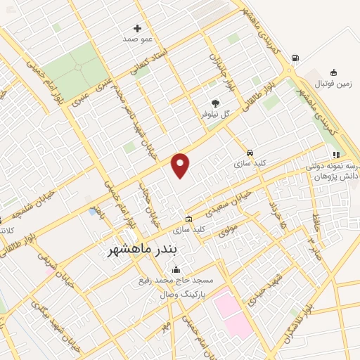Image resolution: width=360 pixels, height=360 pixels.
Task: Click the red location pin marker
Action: (181, 165)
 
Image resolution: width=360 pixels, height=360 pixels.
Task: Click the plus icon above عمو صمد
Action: (137, 29)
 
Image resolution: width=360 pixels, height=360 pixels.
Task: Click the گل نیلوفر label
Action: (216, 112)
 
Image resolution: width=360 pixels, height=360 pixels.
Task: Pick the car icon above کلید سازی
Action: (250, 153)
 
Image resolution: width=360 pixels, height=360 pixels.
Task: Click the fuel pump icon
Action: (294, 58)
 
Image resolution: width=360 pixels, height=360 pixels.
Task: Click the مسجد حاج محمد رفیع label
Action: (174, 281)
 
